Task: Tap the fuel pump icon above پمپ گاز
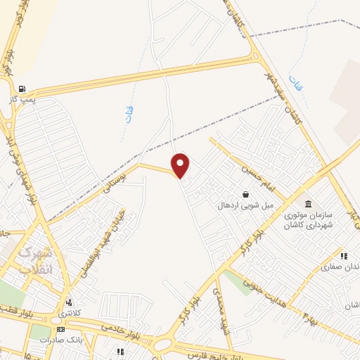point(22,89)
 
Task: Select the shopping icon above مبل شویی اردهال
point(245,194)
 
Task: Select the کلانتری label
point(68,312)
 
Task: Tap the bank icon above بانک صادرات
point(60,329)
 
